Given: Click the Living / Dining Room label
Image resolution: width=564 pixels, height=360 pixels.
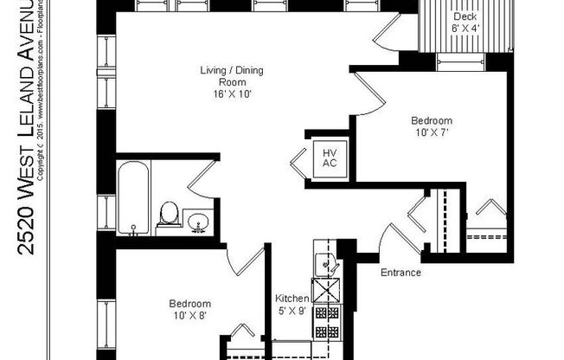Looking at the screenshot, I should click(220, 77).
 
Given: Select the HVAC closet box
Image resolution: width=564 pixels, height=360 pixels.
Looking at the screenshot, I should click(329, 157).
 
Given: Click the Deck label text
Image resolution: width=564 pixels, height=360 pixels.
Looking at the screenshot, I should click(465, 16).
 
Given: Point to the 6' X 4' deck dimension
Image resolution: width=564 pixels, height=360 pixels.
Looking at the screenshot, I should click(465, 29).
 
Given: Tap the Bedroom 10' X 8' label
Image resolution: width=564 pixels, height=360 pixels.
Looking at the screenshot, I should click(189, 310).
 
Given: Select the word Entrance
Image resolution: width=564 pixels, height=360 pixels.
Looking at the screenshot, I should click(401, 273).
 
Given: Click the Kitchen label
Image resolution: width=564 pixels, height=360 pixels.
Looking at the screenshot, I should click(292, 298).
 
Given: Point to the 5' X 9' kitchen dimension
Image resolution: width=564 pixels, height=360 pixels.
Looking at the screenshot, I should click(292, 310).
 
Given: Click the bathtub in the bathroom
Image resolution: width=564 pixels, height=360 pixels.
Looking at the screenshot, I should click(133, 198).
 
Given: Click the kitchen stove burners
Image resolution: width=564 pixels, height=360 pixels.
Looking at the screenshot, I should click(328, 320).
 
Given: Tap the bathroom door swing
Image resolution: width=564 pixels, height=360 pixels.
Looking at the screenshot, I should click(199, 179).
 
